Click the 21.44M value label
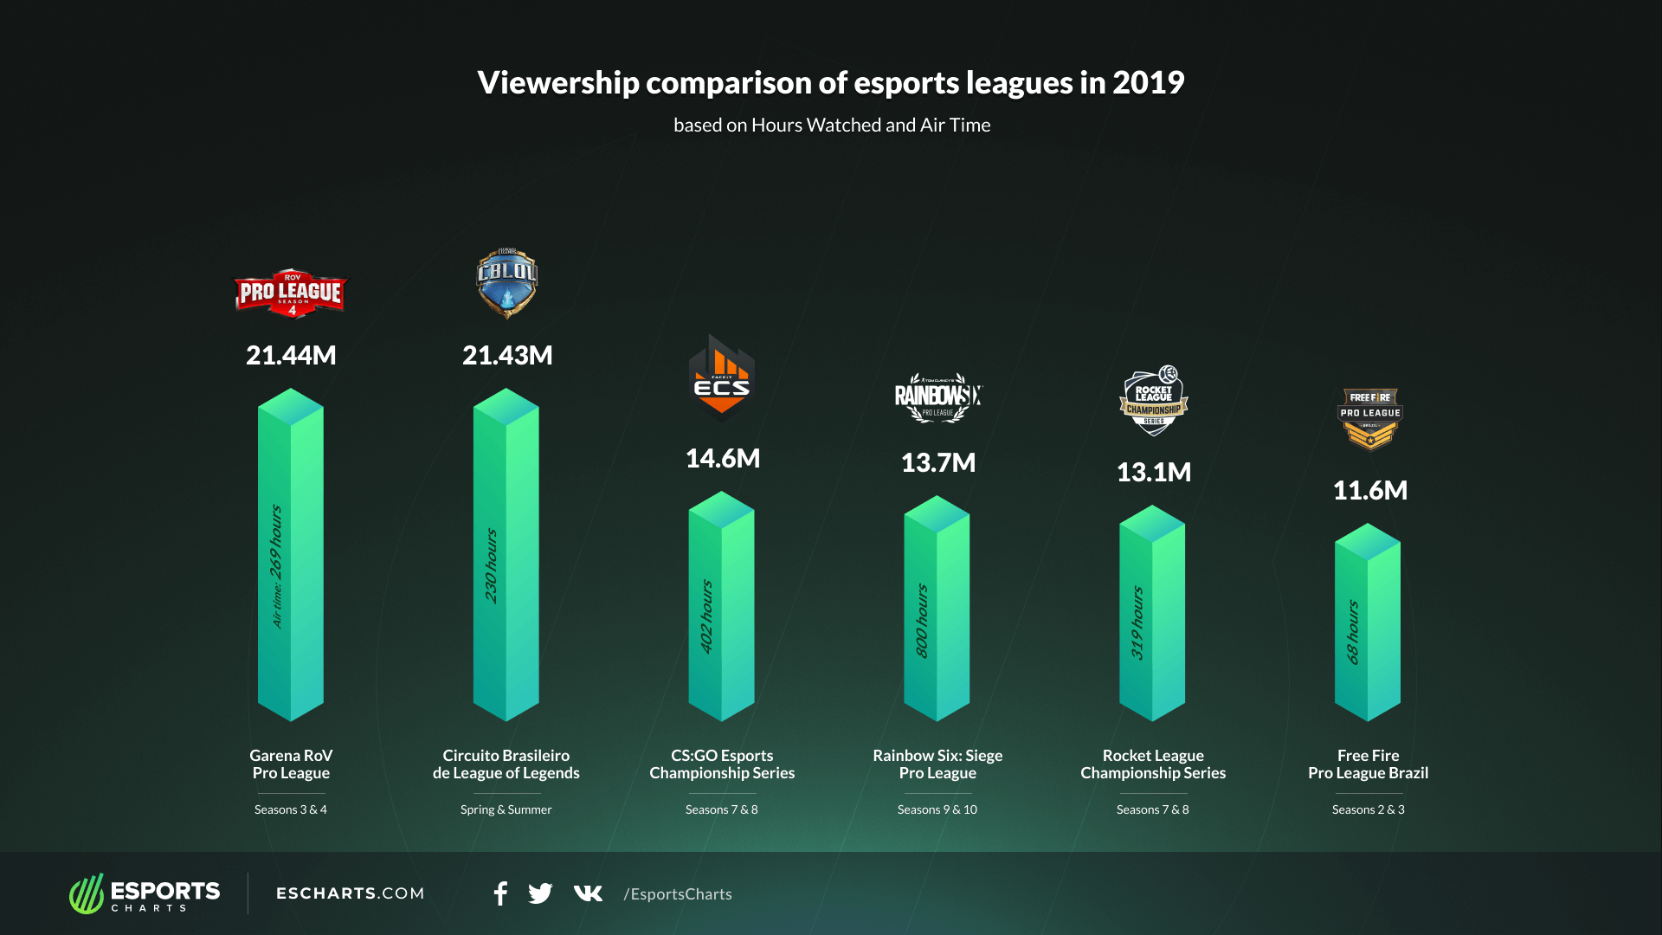[x=291, y=355]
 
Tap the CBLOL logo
[x=506, y=283]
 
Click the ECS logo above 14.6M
[x=722, y=378]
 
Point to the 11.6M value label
[x=1369, y=490]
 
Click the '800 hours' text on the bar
[x=922, y=620]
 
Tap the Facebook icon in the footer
[x=500, y=893]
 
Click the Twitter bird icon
[x=540, y=893]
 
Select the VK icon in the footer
[x=588, y=893]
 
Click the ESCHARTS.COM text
[x=350, y=893]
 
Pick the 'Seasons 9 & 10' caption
[x=937, y=809]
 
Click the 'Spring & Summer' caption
[x=506, y=809]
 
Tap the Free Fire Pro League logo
[x=1369, y=420]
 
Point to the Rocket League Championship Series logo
[x=1153, y=401]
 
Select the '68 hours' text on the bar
[x=1353, y=632]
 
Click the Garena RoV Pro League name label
[x=291, y=764]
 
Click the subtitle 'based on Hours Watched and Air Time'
[x=832, y=126]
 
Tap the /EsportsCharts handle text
[x=678, y=894]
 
